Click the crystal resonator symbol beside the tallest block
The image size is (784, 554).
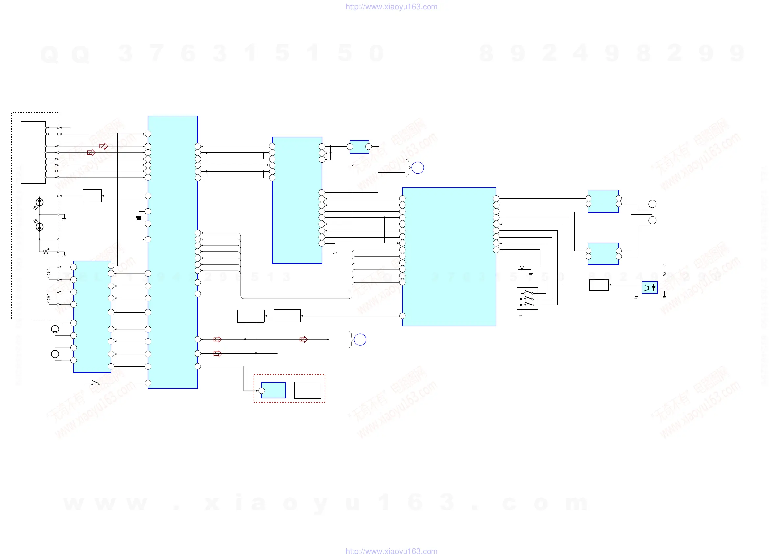click(x=139, y=218)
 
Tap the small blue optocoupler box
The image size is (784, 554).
click(x=649, y=288)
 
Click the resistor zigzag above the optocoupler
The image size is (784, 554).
click(x=665, y=273)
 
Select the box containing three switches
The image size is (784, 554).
click(x=527, y=298)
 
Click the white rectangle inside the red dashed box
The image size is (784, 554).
click(x=307, y=390)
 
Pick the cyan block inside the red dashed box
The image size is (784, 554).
click(x=273, y=390)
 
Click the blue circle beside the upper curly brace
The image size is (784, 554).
click(x=418, y=167)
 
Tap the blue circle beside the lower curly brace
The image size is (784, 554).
click(x=360, y=340)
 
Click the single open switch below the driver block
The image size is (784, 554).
click(x=95, y=383)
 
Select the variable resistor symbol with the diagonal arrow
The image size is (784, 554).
click(x=46, y=252)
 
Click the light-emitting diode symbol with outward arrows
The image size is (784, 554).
click(x=39, y=202)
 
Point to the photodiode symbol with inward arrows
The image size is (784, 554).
click(x=39, y=226)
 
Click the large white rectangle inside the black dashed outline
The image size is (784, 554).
click(x=33, y=153)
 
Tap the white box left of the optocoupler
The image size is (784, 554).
click(x=599, y=285)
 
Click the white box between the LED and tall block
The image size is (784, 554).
click(x=92, y=196)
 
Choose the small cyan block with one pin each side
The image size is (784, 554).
click(x=359, y=147)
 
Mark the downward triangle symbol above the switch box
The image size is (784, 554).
click(x=522, y=268)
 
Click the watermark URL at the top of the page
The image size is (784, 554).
click(x=391, y=7)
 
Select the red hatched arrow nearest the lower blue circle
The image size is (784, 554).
click(x=303, y=340)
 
